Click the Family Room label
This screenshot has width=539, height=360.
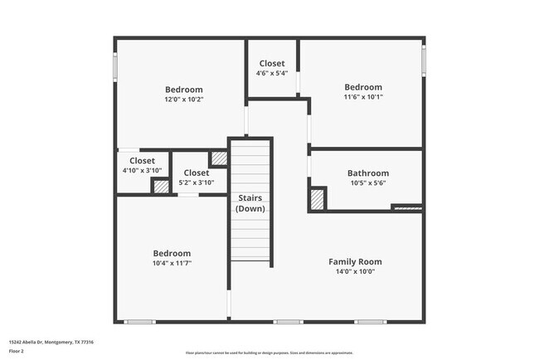coord(355,261)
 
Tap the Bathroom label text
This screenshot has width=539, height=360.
coord(367,173)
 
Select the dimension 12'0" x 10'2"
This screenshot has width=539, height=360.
coord(183,100)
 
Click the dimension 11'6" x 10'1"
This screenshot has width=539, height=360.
coord(363,97)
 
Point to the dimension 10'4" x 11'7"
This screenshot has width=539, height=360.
coord(172,263)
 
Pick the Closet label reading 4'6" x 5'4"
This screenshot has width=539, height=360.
coord(272,63)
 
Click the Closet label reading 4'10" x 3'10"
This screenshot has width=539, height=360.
coord(141,161)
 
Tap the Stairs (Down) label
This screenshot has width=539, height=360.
coord(250,203)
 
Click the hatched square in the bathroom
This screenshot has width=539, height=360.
coord(317,199)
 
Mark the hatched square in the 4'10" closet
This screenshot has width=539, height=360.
coord(160,186)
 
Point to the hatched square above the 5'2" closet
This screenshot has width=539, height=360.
coord(218,158)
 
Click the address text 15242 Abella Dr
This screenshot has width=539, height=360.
coord(51,342)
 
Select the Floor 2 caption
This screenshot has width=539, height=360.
coord(17,350)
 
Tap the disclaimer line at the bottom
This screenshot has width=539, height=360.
coord(269,353)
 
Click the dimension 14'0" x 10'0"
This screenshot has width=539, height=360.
coord(355,271)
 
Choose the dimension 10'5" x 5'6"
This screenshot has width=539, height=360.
coord(367,183)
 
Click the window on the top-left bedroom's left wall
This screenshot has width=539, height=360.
coord(115,67)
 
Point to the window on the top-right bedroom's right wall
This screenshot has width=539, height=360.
coord(424,58)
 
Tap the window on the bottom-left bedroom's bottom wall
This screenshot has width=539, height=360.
coord(139,322)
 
